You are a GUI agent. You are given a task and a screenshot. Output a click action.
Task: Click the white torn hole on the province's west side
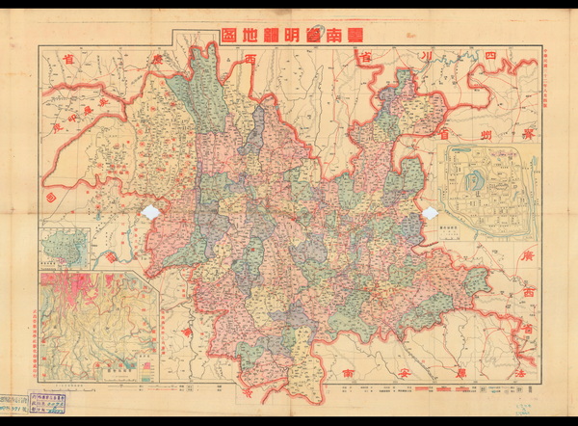[x=152, y=212]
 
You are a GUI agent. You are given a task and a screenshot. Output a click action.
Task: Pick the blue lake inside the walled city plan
[x=471, y=180]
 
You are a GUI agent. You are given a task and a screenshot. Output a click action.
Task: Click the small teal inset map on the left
[x=65, y=247]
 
